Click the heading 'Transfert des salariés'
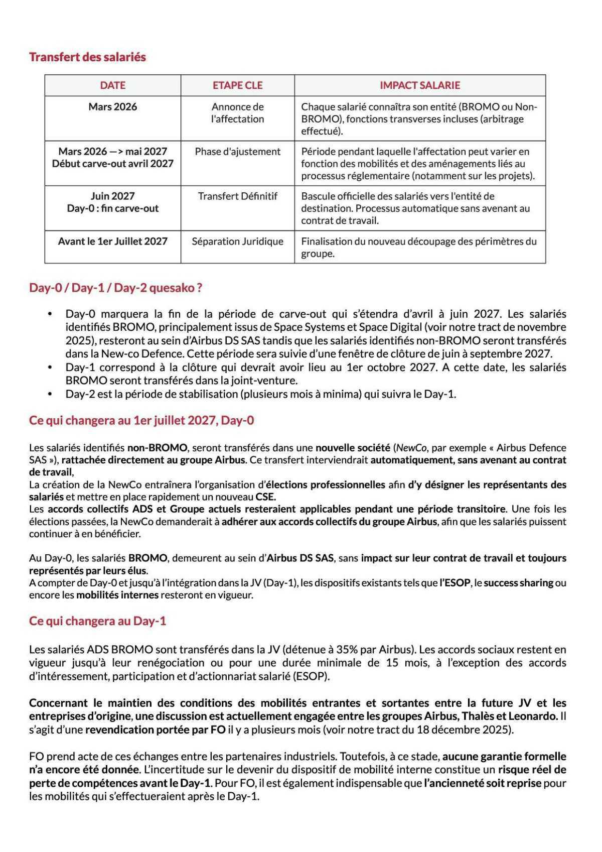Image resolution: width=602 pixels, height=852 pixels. [x=87, y=57]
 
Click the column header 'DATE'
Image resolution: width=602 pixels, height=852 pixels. [x=112, y=85]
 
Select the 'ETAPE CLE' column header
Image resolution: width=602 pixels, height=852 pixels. [x=237, y=85]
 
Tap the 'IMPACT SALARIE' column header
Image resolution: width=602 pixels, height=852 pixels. [x=419, y=85]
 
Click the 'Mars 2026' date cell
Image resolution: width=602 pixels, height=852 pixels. [x=112, y=106]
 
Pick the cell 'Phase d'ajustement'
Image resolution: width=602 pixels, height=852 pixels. [x=237, y=152]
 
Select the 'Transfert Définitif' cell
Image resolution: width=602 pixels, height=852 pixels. [x=237, y=196]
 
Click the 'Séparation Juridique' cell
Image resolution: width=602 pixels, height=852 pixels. [x=237, y=241]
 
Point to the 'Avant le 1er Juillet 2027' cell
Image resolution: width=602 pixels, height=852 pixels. [x=112, y=241]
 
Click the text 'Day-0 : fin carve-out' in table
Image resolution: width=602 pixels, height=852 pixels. [x=112, y=208]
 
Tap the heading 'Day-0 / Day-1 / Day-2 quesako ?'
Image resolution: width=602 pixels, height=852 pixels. [x=115, y=288]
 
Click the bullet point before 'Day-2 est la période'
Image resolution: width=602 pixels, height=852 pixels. [x=50, y=394]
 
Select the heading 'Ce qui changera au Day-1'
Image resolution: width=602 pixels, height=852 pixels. [x=97, y=621]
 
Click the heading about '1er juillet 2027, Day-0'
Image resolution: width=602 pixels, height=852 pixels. [x=141, y=420]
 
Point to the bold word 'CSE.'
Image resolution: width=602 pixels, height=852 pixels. [x=265, y=497]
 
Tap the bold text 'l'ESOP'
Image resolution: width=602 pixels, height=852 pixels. [x=456, y=583]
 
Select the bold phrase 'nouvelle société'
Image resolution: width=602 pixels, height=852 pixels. [x=352, y=447]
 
